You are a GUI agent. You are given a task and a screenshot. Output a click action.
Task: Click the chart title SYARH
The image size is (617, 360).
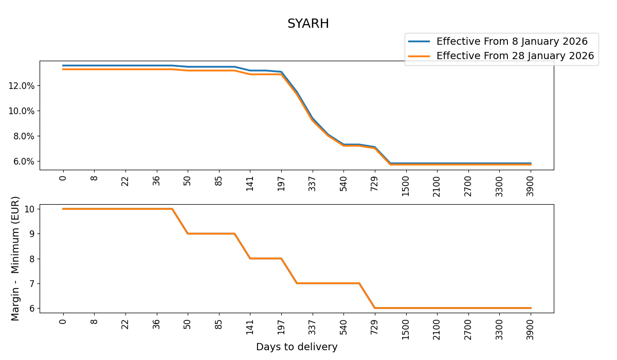tap(308, 24)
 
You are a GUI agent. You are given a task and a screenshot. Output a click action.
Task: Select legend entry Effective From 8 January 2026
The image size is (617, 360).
tap(512, 42)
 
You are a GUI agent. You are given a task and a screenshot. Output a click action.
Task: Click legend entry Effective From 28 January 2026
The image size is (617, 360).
tap(515, 56)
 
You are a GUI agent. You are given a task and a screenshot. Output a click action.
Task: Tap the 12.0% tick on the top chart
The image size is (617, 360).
tap(21, 85)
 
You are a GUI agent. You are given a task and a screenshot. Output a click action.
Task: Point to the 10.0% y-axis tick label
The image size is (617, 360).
tap(21, 111)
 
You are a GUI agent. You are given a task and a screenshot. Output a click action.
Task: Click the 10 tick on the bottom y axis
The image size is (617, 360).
tap(29, 209)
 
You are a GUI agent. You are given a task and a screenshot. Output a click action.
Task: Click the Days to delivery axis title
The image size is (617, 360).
tap(297, 347)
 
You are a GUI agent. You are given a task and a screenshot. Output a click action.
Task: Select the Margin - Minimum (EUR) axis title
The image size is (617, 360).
tap(15, 258)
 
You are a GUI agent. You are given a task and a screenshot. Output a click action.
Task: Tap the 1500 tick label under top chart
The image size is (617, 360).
tap(406, 186)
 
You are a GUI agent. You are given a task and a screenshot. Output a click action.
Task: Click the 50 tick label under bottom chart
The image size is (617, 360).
tap(188, 325)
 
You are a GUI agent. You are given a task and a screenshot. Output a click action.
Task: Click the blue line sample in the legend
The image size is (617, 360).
tap(419, 42)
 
